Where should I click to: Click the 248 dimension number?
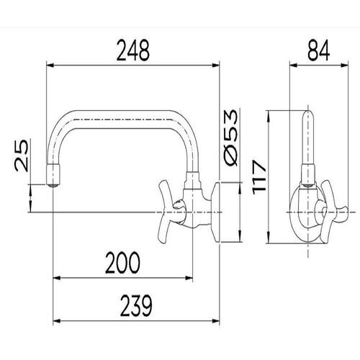tap(133, 50)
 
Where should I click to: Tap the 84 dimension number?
tap(318, 50)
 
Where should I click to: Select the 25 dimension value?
tap(22, 156)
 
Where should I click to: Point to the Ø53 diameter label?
tap(231, 138)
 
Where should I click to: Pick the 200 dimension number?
tap(122, 263)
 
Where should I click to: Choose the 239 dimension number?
tap(136, 305)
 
